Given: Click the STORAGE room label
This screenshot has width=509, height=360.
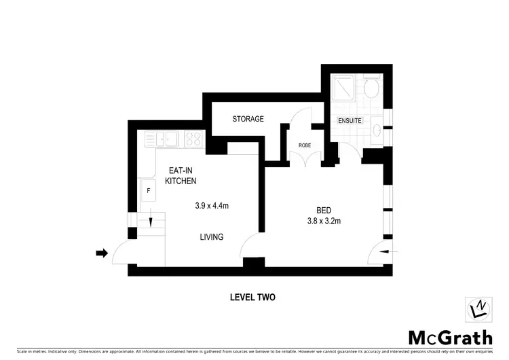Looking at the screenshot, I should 248,119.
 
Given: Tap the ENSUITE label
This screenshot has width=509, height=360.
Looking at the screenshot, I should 351,121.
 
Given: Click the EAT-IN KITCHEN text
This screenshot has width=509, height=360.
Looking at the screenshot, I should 181,176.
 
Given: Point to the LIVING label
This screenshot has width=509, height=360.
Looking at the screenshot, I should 211,236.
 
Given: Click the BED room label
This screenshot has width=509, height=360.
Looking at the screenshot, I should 323,209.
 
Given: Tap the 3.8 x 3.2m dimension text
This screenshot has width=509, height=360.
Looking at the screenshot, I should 323,221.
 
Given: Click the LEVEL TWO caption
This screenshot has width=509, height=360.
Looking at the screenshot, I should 252,297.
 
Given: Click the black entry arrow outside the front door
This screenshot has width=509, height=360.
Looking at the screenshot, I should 102,253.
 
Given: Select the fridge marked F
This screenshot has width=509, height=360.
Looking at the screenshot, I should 148,190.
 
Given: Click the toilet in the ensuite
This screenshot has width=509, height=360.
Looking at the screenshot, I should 373,89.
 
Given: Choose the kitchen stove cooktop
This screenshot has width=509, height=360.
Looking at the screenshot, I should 193,139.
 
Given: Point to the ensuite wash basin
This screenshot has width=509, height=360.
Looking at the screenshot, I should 378,130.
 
